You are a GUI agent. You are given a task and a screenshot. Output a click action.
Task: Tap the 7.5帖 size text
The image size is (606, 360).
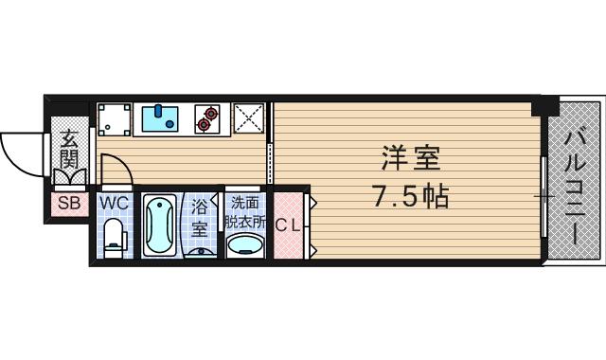click(x=408, y=196)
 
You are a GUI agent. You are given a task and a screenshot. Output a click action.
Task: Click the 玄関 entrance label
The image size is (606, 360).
click(x=70, y=149)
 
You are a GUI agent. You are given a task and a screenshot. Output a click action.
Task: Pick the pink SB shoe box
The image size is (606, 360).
click(x=69, y=203)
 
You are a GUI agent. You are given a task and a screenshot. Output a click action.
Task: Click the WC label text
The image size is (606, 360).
click(x=114, y=202)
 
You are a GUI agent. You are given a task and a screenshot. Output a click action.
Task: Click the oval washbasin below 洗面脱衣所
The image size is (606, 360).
click(x=246, y=244)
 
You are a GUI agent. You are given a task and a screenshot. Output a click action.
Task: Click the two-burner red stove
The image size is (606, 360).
click(x=208, y=118)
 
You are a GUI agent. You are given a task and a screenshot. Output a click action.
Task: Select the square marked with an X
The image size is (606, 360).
click(x=249, y=118)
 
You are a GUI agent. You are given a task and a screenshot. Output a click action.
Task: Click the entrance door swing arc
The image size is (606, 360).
click(x=21, y=152)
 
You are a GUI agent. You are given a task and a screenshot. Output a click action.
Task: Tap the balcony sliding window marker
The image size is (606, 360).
click(x=545, y=196)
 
